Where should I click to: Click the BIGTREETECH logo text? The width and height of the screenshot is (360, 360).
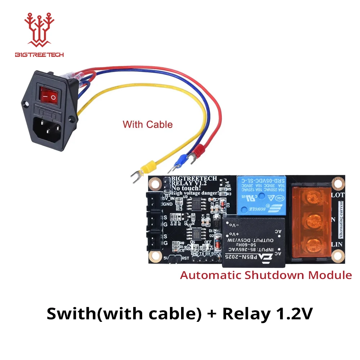click(x=39, y=55)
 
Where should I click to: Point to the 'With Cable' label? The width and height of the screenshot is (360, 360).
click(x=148, y=125)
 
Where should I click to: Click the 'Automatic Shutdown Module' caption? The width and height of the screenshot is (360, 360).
click(x=266, y=275)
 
